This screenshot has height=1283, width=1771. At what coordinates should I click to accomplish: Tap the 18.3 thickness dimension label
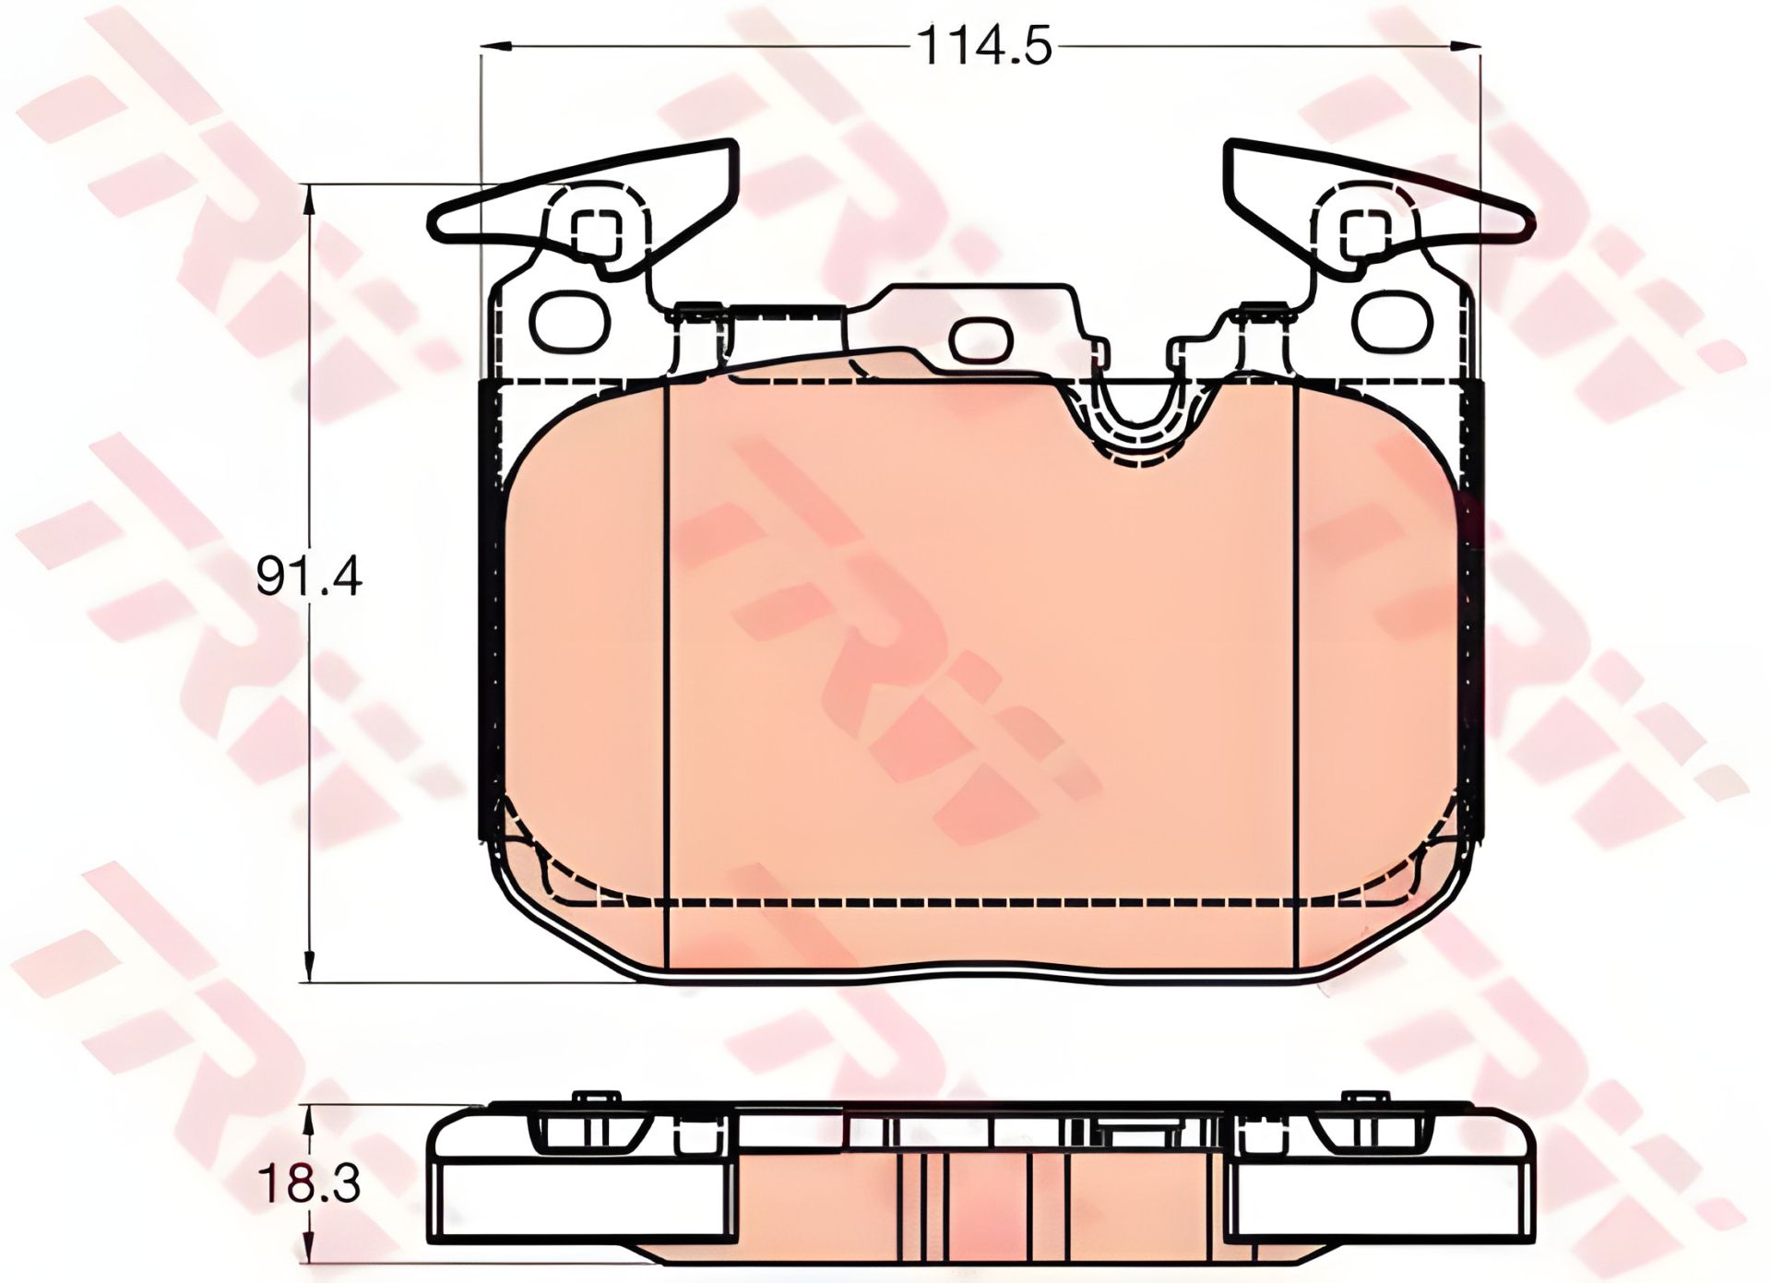pos(308,1184)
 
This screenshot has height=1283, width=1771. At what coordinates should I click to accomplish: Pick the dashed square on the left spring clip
pos(597,229)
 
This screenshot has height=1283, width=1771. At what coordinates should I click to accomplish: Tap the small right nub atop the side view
pos(1366,1097)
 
